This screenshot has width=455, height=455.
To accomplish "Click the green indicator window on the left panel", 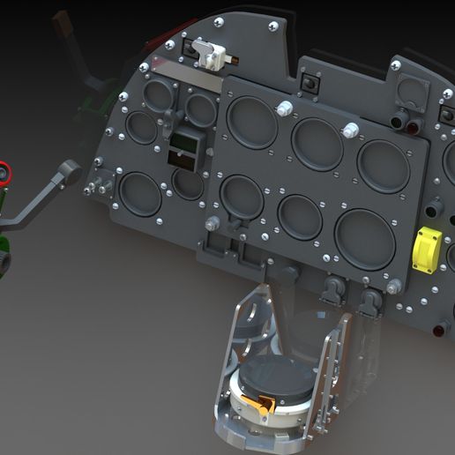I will pos(183,142).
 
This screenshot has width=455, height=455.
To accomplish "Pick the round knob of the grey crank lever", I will pos(71,171).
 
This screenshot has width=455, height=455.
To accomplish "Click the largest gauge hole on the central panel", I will pos(364,238).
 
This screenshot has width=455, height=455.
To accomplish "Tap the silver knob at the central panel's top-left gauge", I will pos(285,108).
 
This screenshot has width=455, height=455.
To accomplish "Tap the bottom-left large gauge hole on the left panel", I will pos(140,193).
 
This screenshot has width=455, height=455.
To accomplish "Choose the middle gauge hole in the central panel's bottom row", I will pos(301,216).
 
